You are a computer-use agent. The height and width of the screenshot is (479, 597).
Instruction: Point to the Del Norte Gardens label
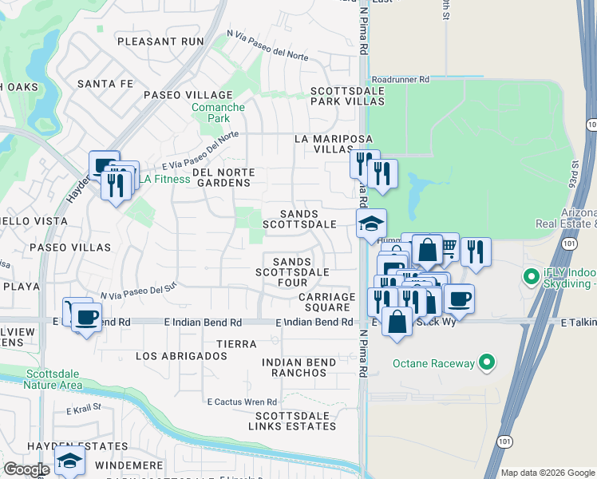click(223, 177)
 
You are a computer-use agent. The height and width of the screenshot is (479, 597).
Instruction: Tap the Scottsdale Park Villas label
click(347, 97)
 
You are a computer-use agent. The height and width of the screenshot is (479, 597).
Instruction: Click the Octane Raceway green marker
click(485, 364)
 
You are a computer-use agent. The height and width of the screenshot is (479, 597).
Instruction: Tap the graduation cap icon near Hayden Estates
click(69, 461)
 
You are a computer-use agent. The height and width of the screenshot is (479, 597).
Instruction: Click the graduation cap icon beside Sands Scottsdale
click(371, 224)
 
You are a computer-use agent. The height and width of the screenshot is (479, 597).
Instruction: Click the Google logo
click(26, 469)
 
